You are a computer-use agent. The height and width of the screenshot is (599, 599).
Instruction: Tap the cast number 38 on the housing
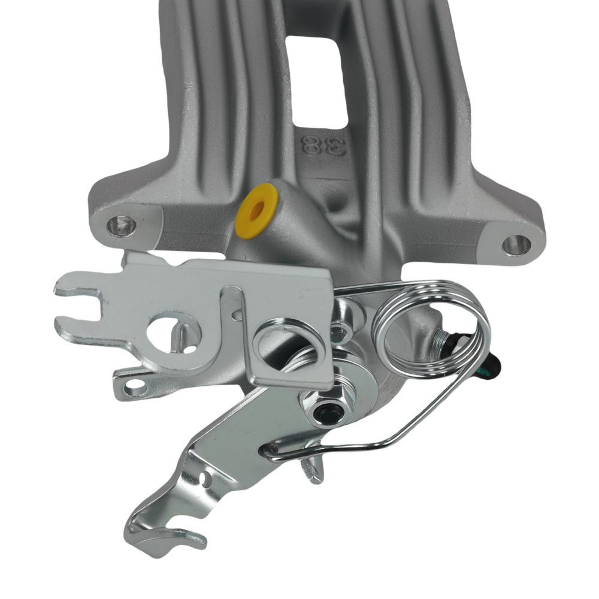323,146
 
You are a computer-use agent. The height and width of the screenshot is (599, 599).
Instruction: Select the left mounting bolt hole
122,226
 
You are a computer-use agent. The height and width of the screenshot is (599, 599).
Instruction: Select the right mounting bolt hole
516,244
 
